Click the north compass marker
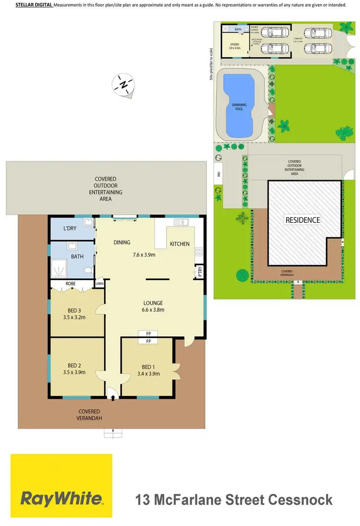(124, 85)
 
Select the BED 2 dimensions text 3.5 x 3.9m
(74, 372)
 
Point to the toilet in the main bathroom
(87, 270)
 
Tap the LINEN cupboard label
(99, 283)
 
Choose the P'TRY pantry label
(200, 272)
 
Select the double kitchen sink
(181, 222)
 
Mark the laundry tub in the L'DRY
(87, 222)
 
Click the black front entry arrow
(113, 397)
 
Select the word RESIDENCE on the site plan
(302, 220)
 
